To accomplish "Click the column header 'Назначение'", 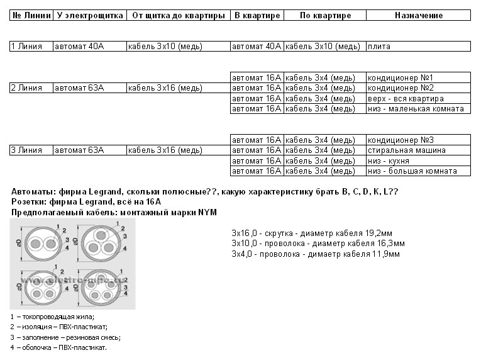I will [x=418, y=15].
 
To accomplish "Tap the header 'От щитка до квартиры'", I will [x=178, y=15].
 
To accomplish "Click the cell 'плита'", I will [x=378, y=46].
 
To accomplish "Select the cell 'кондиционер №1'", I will [x=401, y=77].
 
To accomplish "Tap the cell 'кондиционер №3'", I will [x=401, y=140].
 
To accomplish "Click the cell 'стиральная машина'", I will [x=407, y=150].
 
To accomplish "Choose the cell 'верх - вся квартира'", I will [x=406, y=98].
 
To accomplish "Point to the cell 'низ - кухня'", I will [x=390, y=160].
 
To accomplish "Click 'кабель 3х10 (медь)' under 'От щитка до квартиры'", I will [x=164, y=46].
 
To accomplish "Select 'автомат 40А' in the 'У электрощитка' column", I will [x=79, y=46].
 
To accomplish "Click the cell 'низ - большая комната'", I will [x=411, y=171].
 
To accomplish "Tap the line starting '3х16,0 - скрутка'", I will [x=312, y=233].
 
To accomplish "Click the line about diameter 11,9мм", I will [x=316, y=254].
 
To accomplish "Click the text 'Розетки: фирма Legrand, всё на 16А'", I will [x=86, y=202].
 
